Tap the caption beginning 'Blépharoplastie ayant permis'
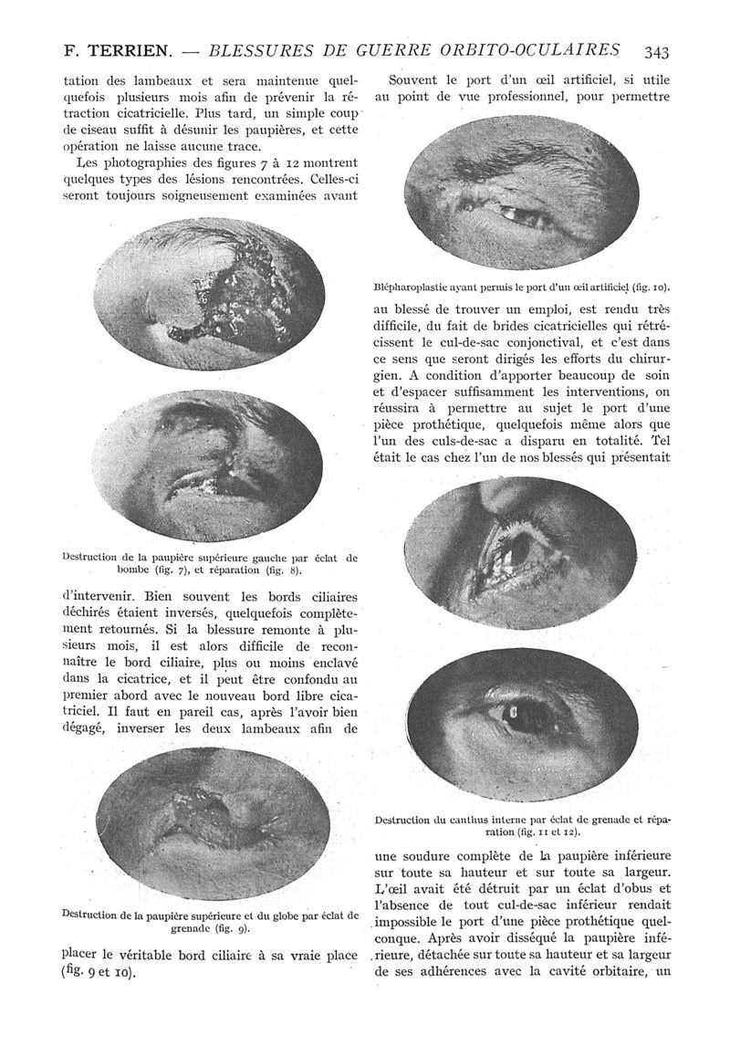[521, 285]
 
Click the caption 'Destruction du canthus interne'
[523, 824]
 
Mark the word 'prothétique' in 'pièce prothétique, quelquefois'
[491, 424]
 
